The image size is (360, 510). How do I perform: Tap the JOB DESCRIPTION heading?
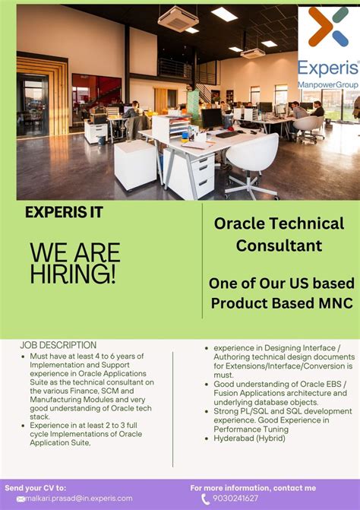(x=58, y=345)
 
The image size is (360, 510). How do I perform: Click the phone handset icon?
(x=206, y=499)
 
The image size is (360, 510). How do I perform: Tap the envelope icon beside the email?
(x=21, y=499)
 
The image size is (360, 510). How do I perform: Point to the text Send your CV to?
(x=36, y=487)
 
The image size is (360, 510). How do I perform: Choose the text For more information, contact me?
(x=253, y=487)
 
